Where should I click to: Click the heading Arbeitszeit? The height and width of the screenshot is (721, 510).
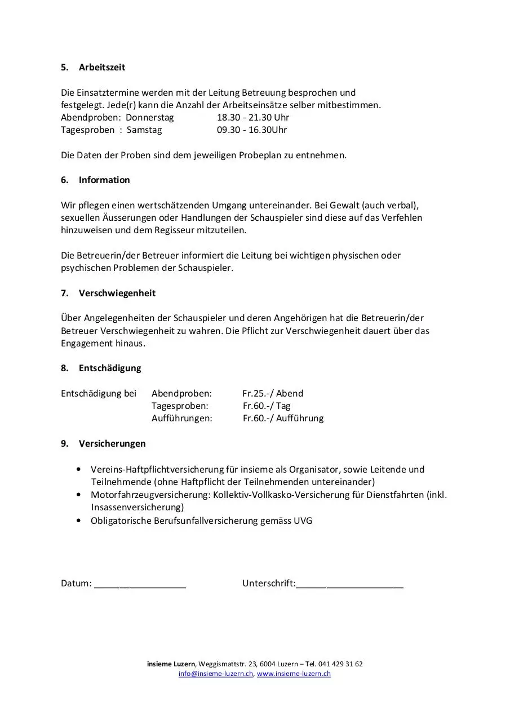click(101, 67)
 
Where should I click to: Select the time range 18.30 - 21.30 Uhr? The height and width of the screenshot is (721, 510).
click(253, 117)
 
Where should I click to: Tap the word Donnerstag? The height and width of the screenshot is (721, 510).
click(149, 117)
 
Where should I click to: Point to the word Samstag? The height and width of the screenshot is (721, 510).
click(144, 130)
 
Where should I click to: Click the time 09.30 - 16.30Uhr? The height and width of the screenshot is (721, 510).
click(252, 130)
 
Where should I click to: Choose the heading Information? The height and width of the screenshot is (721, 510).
click(104, 180)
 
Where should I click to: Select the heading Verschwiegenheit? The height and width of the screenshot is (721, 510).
click(117, 293)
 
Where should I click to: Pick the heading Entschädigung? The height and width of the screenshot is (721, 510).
click(110, 368)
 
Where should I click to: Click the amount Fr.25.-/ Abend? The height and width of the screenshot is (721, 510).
click(273, 393)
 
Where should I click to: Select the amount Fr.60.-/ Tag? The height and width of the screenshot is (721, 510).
click(267, 406)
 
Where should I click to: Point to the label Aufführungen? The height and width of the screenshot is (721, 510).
click(181, 418)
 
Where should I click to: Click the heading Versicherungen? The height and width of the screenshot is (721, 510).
click(112, 443)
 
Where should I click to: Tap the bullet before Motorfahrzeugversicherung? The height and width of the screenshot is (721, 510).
click(78, 495)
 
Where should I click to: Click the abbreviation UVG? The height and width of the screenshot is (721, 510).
click(303, 520)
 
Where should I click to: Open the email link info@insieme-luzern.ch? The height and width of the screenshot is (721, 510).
click(216, 674)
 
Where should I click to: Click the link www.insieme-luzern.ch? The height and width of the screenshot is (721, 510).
click(294, 674)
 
